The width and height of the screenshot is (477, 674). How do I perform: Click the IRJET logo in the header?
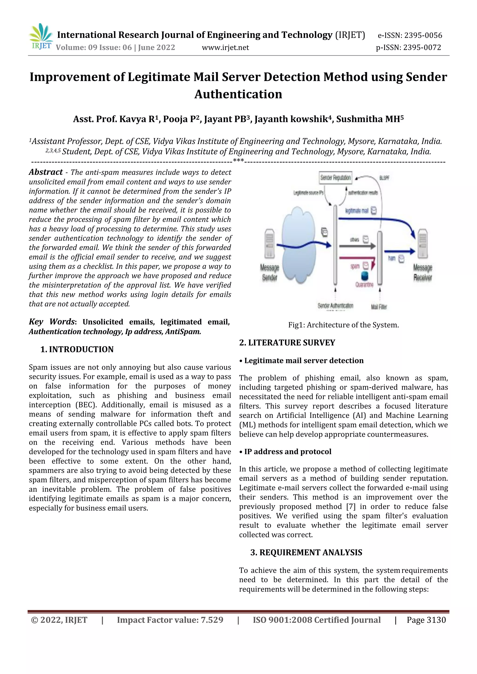click(41, 37)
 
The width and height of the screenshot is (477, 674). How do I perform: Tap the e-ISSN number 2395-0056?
click(423, 36)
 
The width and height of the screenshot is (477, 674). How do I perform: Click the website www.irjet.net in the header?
click(225, 47)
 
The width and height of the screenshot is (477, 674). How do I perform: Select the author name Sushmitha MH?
click(369, 119)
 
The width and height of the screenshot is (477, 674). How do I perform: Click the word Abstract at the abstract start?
click(46, 172)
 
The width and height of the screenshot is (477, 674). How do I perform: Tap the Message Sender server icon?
click(269, 243)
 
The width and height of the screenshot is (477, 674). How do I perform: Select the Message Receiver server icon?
click(422, 244)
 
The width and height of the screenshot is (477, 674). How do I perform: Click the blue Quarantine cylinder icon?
click(365, 276)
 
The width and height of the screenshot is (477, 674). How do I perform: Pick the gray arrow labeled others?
click(357, 246)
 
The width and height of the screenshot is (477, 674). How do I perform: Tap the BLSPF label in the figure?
click(384, 178)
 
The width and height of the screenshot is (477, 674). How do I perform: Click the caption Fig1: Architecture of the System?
click(343, 325)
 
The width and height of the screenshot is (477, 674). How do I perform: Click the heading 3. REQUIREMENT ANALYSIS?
click(306, 553)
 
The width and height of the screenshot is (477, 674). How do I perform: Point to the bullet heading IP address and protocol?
click(287, 452)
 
